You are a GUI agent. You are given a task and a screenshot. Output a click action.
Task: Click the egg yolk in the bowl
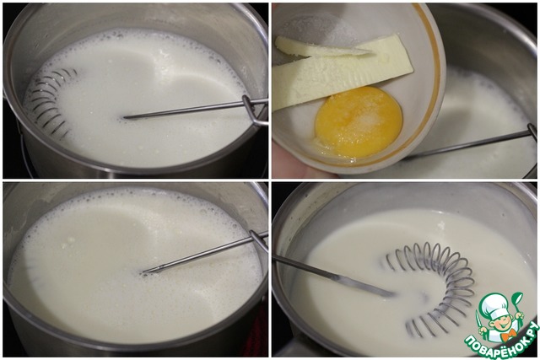coord(359,122)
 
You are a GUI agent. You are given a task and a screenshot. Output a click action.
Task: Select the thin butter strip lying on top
coord(321,48)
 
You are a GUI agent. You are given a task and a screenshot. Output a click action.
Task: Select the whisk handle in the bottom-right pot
coord(334,276)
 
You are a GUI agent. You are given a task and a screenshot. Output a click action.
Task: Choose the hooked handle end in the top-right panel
coord(532,132)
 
